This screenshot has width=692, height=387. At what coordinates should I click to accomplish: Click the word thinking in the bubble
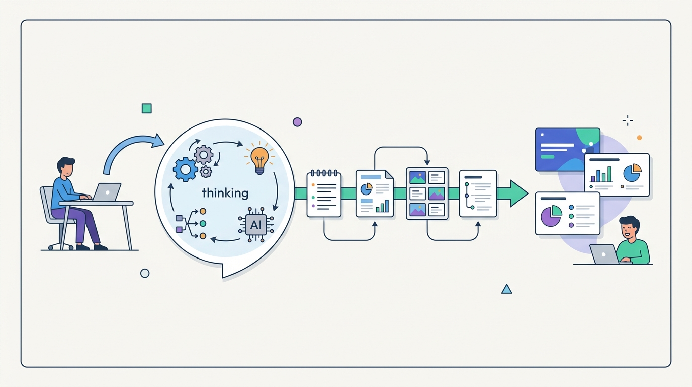pos(225,193)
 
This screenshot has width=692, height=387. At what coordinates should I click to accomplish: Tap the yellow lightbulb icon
pos(259,157)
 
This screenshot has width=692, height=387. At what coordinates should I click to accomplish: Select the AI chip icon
pos(255,224)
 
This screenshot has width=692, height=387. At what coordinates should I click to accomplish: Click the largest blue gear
pos(185,169)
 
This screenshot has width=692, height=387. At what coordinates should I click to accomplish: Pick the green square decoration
pos(146,108)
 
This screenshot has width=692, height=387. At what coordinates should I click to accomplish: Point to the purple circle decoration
pos(297,122)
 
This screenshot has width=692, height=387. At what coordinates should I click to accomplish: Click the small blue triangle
pos(506,289)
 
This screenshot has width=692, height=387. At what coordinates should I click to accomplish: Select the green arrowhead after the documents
pos(518,193)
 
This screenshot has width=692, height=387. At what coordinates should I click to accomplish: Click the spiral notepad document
pos(324,194)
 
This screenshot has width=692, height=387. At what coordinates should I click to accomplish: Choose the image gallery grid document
pos(427,193)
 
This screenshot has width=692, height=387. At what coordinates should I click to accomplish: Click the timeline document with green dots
pos(478,193)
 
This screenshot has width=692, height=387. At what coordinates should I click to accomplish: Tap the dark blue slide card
pos(567,149)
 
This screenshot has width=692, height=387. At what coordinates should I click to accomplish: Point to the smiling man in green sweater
pos(631,242)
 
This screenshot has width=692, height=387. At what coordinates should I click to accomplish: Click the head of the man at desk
pos(66,166)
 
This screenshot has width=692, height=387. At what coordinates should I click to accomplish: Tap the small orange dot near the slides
pos(639,137)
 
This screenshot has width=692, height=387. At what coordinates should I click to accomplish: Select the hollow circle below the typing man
pos(145,273)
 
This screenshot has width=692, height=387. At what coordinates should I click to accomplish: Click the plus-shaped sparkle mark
pos(628,120)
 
